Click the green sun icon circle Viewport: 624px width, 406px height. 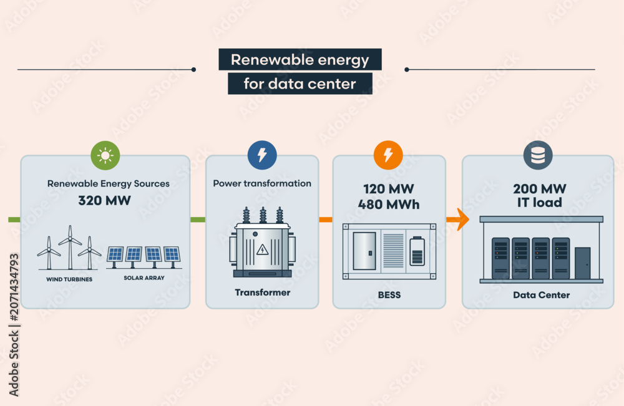(x=105, y=155)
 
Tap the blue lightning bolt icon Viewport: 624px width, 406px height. (x=262, y=155)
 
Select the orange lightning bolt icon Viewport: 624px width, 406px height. (x=388, y=155)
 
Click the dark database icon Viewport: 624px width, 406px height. (x=538, y=155)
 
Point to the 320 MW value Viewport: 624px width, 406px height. (x=104, y=200)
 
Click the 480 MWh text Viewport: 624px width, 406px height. (x=389, y=205)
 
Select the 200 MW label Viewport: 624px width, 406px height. (x=540, y=188)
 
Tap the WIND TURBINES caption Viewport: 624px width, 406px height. (x=69, y=279)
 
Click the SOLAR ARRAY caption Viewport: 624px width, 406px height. (x=144, y=278)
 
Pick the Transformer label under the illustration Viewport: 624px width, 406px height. (x=263, y=292)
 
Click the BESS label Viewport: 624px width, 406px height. (x=389, y=295)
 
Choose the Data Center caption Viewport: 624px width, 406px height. (x=541, y=295)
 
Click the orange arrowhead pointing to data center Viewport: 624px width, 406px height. (x=462, y=220)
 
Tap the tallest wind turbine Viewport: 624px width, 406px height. (x=71, y=248)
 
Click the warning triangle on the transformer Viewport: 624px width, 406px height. (x=262, y=250)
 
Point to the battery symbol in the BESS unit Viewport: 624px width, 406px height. (x=417, y=251)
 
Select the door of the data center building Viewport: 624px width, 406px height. (x=583, y=263)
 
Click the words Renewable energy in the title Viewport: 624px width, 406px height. (x=300, y=60)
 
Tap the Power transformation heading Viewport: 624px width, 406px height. (x=262, y=183)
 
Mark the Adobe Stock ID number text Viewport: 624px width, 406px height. (x=14, y=287)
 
